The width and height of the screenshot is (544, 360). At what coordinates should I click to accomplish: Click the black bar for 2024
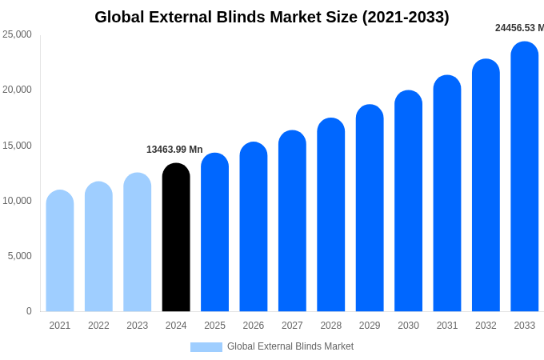[176, 238]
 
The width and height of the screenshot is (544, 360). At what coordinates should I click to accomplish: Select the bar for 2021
[60, 251]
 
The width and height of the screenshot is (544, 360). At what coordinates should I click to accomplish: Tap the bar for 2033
[525, 177]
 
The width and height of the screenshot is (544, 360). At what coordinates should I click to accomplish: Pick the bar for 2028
[331, 215]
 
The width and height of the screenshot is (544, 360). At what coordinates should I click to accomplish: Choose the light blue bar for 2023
[138, 242]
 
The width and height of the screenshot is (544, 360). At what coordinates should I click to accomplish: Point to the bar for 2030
[408, 201]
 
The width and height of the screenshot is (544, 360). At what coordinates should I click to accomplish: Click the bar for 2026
[254, 227]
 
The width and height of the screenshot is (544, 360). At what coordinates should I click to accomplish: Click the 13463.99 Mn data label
[174, 150]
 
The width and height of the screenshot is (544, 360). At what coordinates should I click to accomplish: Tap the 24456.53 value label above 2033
[518, 28]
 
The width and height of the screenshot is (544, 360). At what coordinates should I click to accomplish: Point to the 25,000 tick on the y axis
[17, 34]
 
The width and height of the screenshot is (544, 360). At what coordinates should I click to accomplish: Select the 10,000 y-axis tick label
[17, 201]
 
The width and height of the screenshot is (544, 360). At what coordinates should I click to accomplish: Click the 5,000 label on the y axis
[19, 256]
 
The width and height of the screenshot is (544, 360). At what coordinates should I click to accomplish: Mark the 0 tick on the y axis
[29, 311]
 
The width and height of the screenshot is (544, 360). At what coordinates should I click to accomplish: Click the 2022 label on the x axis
[98, 326]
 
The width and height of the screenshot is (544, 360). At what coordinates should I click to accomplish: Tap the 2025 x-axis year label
[214, 326]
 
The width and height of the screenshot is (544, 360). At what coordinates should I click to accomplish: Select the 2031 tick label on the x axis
[447, 326]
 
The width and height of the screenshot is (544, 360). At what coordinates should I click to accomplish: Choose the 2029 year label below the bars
[370, 326]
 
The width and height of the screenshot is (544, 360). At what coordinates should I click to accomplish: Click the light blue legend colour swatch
[206, 347]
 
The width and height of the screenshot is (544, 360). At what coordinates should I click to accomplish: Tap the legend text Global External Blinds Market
[290, 346]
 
